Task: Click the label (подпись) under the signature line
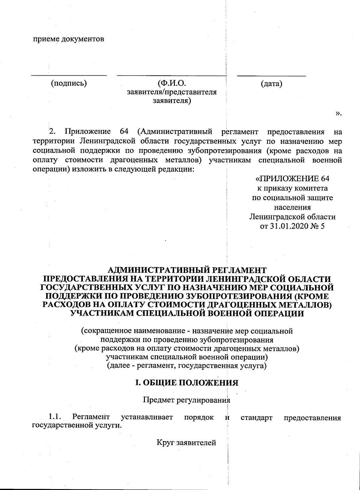(x=69, y=83)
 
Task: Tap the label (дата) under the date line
(x=271, y=83)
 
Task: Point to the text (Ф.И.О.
(x=172, y=83)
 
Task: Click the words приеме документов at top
(x=68, y=39)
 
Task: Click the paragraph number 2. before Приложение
(x=52, y=131)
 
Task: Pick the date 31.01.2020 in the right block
(x=289, y=226)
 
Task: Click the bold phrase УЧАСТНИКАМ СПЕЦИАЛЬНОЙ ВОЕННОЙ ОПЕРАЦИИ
(x=187, y=314)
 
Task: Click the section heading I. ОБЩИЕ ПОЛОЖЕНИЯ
(x=187, y=383)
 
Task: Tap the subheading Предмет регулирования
(x=187, y=400)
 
